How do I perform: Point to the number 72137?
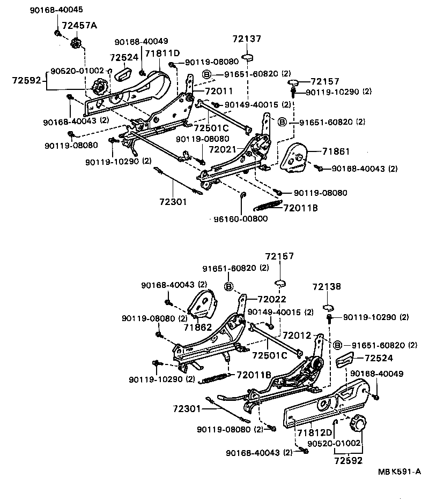point(247,39)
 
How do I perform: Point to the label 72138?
point(327,287)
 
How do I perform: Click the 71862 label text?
point(198,326)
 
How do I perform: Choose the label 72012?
point(297,335)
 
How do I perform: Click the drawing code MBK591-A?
point(399,471)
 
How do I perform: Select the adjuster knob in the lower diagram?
point(357,425)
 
